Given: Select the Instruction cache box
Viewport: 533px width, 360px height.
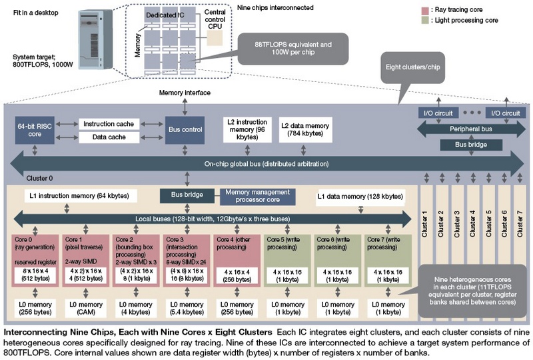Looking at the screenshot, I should [110, 123].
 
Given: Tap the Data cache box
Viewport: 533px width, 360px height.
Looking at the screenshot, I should [110, 137].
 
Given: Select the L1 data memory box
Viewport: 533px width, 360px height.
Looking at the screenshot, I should [360, 197].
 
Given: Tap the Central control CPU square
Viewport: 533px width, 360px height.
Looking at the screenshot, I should [215, 39].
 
